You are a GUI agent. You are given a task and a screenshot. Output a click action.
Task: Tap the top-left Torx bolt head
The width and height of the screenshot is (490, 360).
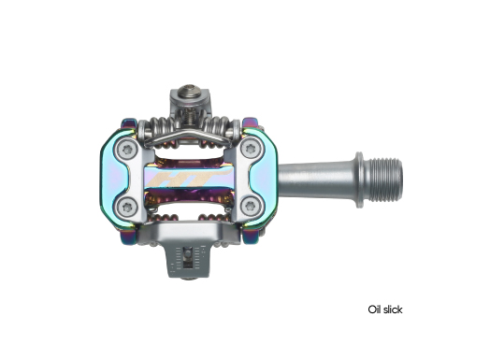[127, 150]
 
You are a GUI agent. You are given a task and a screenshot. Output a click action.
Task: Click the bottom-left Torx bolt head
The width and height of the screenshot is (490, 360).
[127, 207]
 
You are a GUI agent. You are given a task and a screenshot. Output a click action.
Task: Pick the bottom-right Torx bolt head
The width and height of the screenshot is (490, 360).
[250, 206]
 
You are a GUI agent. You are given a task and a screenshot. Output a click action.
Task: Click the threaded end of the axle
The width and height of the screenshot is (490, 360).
[383, 180]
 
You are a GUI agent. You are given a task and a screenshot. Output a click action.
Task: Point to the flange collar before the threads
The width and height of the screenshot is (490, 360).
[359, 180]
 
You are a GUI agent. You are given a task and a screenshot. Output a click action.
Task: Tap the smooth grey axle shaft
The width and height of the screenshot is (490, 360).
[316, 180]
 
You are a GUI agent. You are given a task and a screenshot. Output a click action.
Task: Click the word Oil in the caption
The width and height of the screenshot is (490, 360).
[374, 310]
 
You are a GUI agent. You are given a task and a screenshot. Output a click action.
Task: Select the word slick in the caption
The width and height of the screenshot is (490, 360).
[393, 310]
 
